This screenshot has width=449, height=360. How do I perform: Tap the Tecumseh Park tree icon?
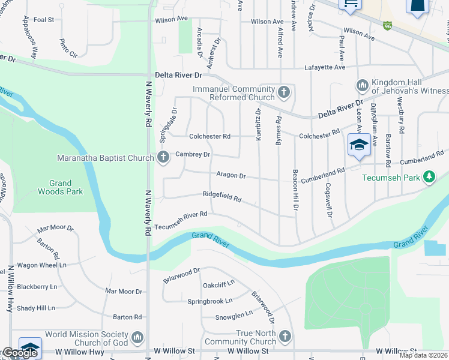429,176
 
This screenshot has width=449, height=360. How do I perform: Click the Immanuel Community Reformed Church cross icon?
285,93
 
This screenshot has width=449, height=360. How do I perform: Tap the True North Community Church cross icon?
285,337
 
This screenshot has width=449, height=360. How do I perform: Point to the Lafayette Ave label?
325,67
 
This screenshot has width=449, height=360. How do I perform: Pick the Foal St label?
44,20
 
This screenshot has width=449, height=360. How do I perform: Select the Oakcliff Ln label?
218,282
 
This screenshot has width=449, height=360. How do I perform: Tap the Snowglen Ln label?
234,314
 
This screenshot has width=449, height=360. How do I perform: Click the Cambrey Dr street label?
193,154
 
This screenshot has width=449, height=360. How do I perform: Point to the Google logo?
19,353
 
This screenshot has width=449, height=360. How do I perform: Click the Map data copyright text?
423,355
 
